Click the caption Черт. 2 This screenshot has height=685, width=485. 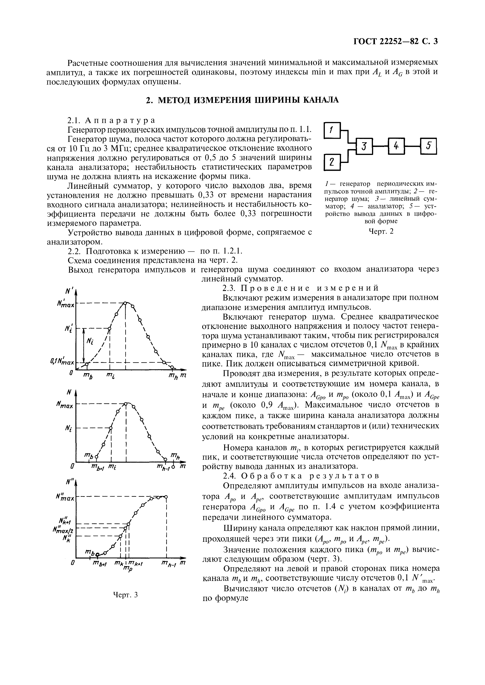click(381, 231)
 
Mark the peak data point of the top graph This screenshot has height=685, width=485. click(126, 303)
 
